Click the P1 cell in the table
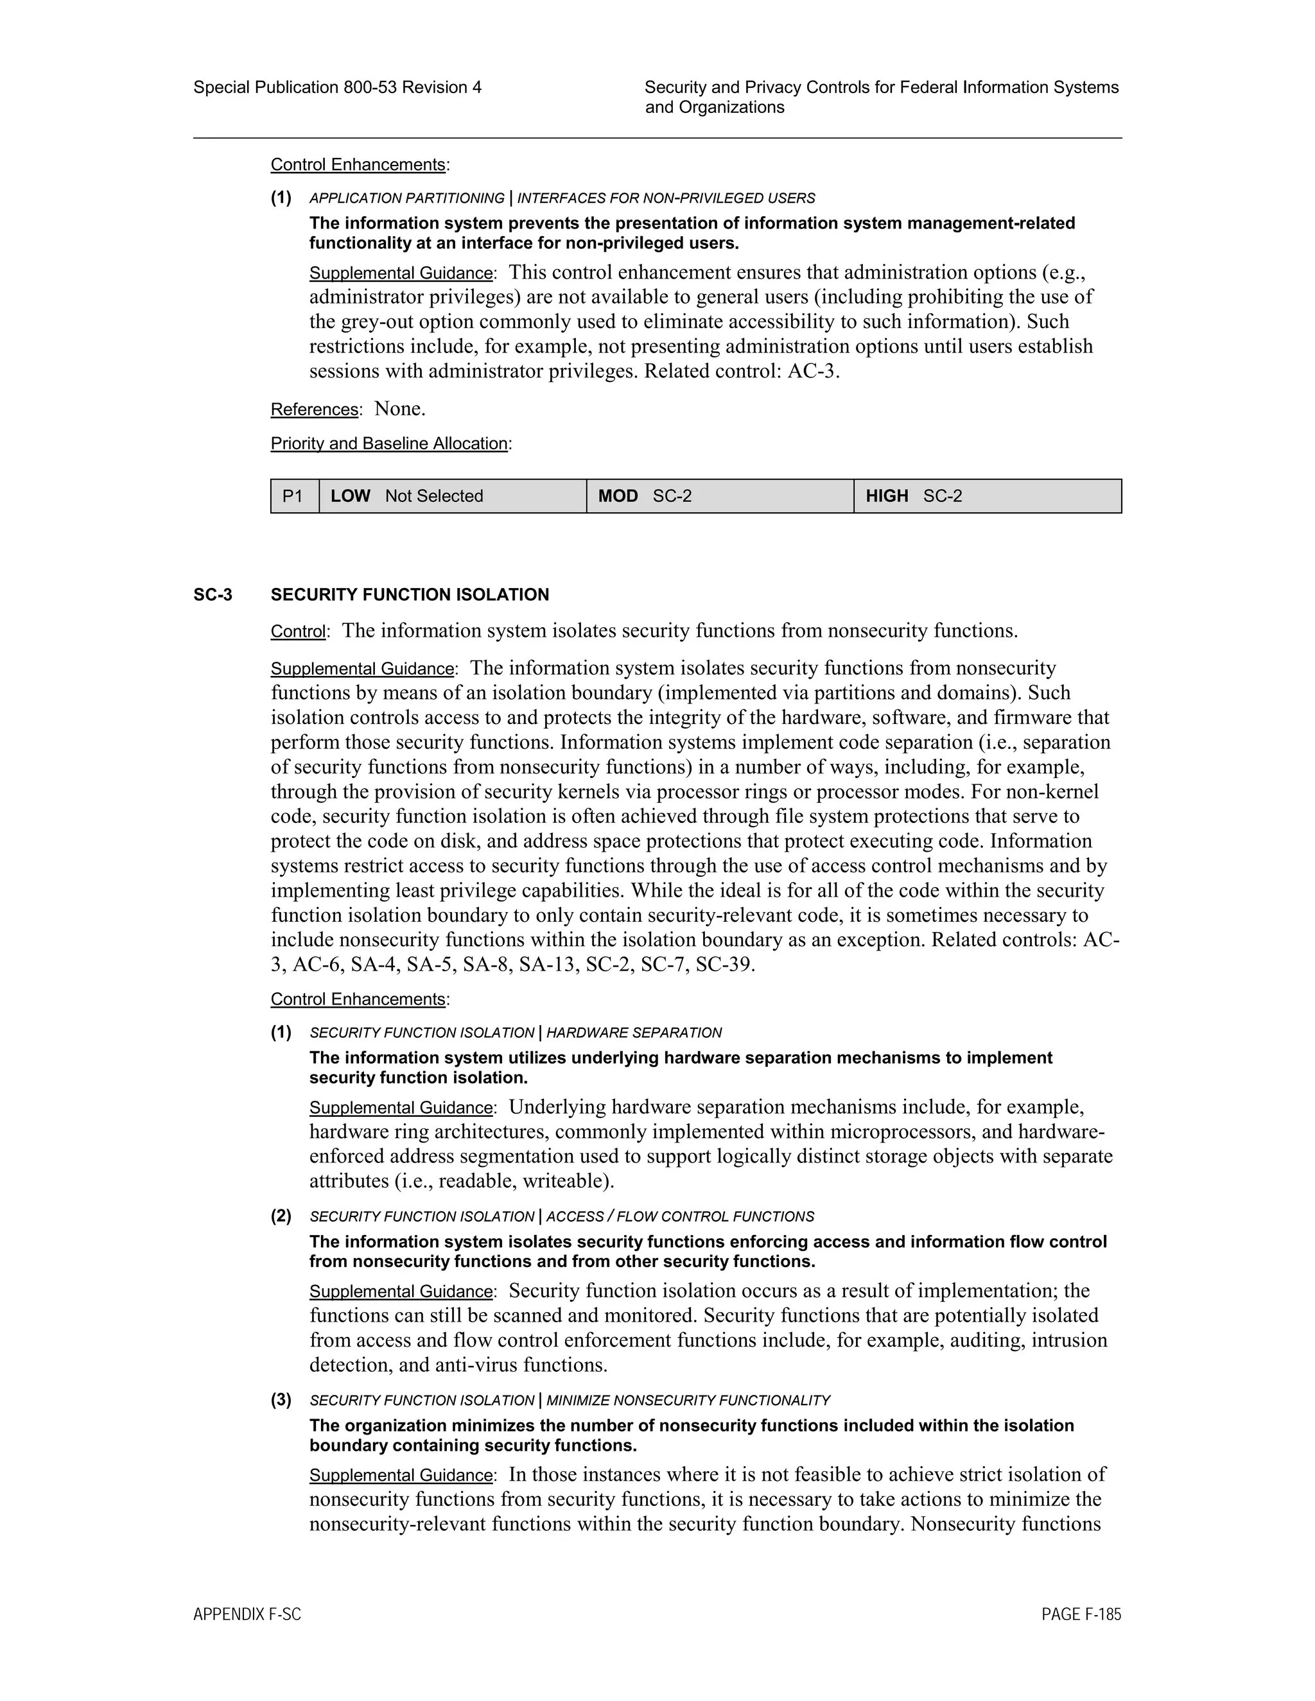293,496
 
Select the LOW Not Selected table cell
406,496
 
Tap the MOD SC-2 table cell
644,496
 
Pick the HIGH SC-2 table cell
913,496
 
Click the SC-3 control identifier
213,595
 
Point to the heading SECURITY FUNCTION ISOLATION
410,595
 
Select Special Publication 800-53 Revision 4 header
337,87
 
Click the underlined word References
315,410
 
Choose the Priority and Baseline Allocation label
390,444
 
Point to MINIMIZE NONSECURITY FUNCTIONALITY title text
688,1401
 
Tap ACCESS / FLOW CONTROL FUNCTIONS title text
680,1216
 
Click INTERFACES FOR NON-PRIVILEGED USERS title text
666,198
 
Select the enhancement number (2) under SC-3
281,1216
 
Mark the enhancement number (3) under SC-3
281,1399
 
